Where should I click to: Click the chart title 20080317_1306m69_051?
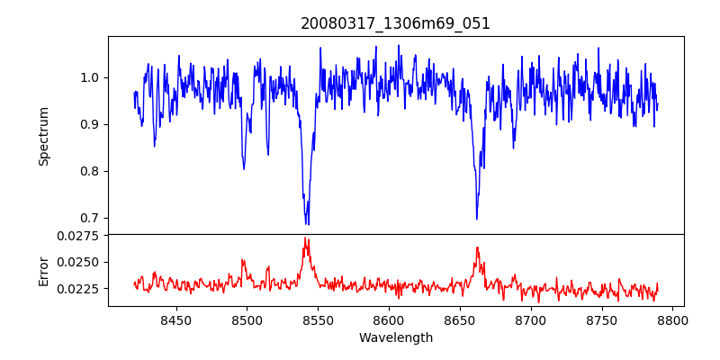pyautogui.click(x=395, y=23)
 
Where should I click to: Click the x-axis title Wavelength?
pyautogui.click(x=395, y=337)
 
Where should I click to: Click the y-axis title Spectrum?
pyautogui.click(x=43, y=135)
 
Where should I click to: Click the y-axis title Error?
pyautogui.click(x=43, y=270)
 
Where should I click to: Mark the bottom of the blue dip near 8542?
pyautogui.click(x=307, y=223)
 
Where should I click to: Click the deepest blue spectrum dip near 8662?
pyautogui.click(x=477, y=219)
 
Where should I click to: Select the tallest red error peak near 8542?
pyautogui.click(x=306, y=238)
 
